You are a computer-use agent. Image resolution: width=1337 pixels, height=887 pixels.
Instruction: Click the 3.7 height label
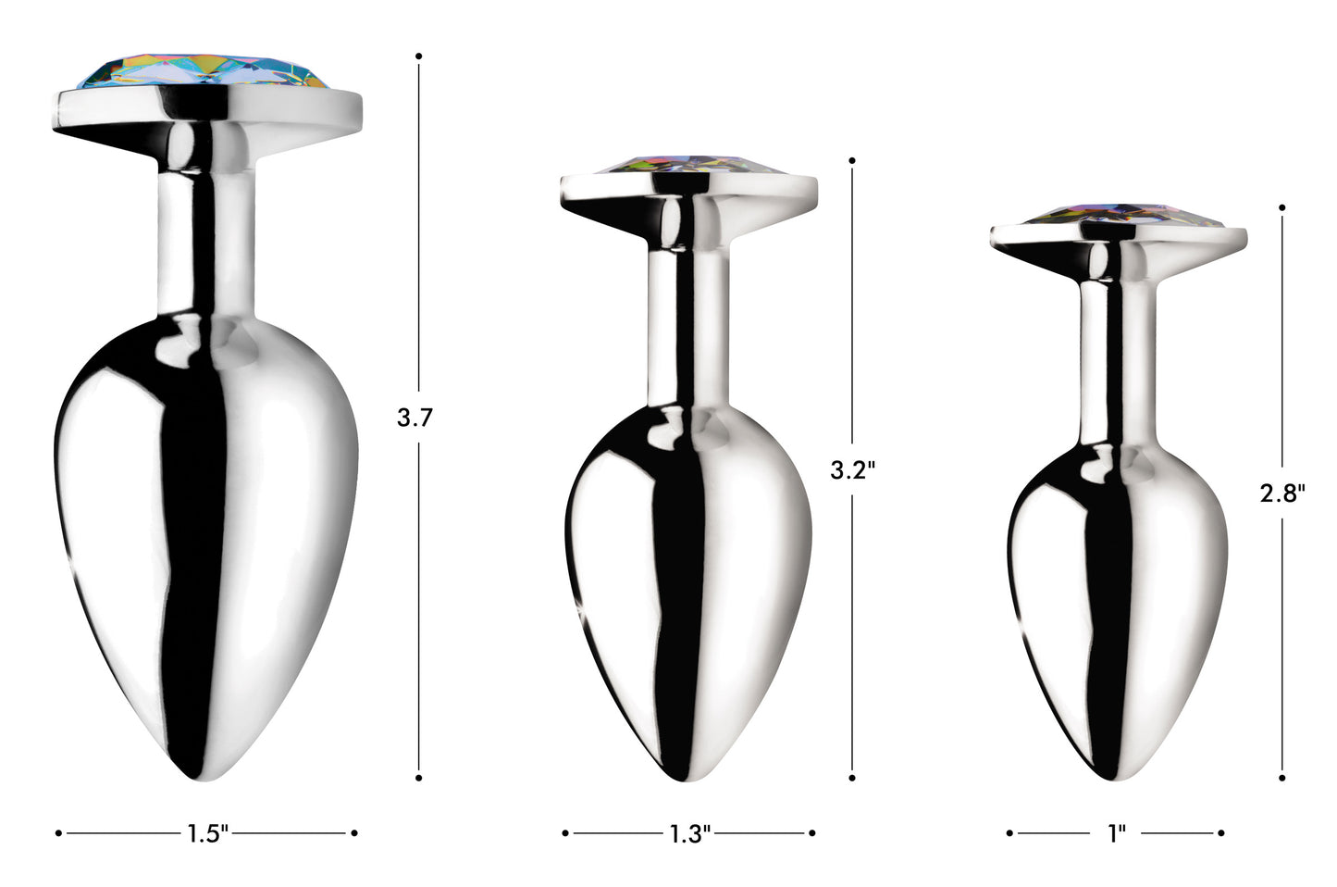415,418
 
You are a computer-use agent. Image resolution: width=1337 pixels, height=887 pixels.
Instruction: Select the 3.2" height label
851,470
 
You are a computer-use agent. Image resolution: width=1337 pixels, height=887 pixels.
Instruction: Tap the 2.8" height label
1281,493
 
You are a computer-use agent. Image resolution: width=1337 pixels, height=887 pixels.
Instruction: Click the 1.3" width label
689,834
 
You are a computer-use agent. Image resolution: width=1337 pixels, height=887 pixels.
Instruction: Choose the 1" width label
1116,834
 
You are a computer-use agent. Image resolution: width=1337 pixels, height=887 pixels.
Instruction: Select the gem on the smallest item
1119,217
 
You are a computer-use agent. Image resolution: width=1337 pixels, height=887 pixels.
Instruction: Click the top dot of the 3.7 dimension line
419,56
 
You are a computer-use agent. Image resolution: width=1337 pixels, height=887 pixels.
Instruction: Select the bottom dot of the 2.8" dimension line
1282,778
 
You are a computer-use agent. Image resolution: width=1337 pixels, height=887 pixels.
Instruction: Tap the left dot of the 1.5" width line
58,833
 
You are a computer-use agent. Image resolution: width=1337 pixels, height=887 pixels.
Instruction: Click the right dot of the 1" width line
1221,833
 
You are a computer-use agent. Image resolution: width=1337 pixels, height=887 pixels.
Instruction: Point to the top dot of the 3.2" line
852,159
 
